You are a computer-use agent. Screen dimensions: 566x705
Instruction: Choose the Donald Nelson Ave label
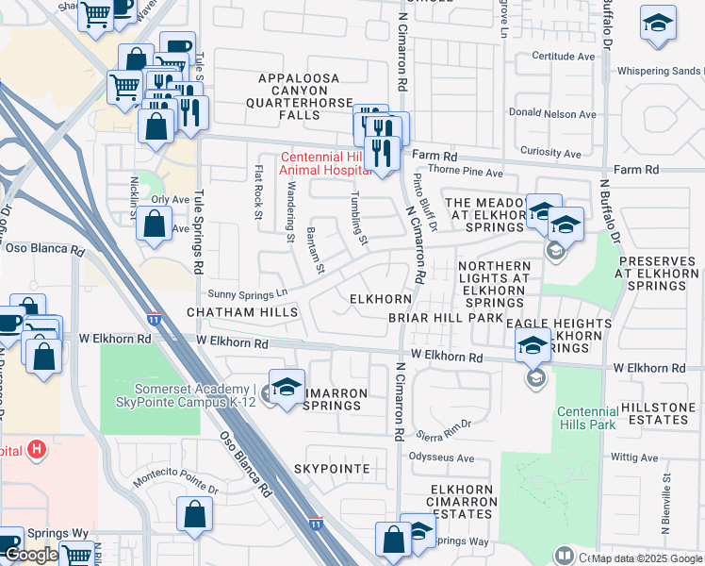(552, 114)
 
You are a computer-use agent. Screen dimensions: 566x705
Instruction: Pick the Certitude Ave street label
(564, 57)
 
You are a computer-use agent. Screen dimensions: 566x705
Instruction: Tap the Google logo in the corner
(30, 556)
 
